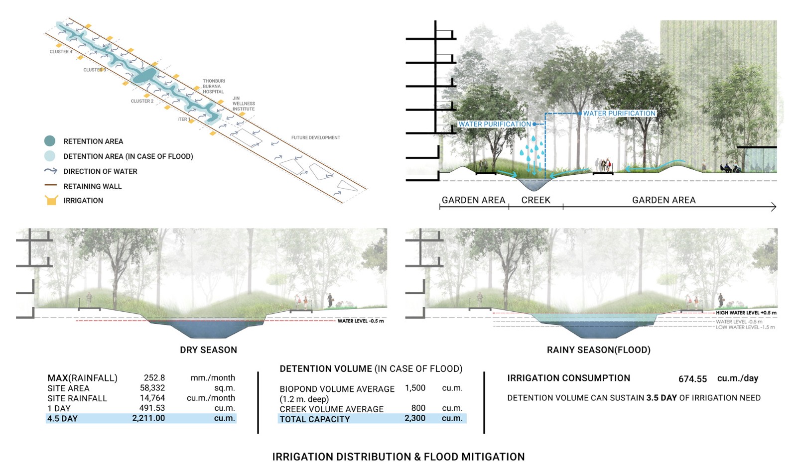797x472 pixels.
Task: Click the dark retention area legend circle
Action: (x=50, y=141)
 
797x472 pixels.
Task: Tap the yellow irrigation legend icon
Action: (x=51, y=200)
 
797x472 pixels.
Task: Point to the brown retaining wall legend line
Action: (x=51, y=185)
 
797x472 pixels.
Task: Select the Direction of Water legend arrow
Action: (x=51, y=171)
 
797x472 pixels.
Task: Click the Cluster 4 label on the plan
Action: (x=61, y=52)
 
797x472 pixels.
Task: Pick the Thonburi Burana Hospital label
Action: (x=214, y=86)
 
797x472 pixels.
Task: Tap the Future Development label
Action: (x=316, y=138)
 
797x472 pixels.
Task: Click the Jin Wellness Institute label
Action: (x=243, y=104)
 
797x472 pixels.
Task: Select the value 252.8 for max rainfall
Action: (x=154, y=378)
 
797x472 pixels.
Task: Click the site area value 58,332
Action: (x=152, y=388)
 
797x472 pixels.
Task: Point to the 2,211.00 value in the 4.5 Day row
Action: (x=148, y=418)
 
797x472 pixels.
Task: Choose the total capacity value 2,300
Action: (x=415, y=418)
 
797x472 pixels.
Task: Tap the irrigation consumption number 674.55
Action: (x=692, y=379)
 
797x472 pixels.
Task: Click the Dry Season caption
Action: (x=208, y=350)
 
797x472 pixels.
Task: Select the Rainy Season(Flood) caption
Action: (x=598, y=350)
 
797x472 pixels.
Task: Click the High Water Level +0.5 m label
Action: (x=746, y=313)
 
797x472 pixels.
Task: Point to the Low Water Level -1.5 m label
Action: (x=745, y=327)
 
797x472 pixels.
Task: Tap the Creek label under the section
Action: (x=535, y=200)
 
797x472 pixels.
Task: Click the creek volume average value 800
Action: (x=418, y=408)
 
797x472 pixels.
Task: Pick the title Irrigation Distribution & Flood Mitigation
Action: (x=398, y=457)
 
